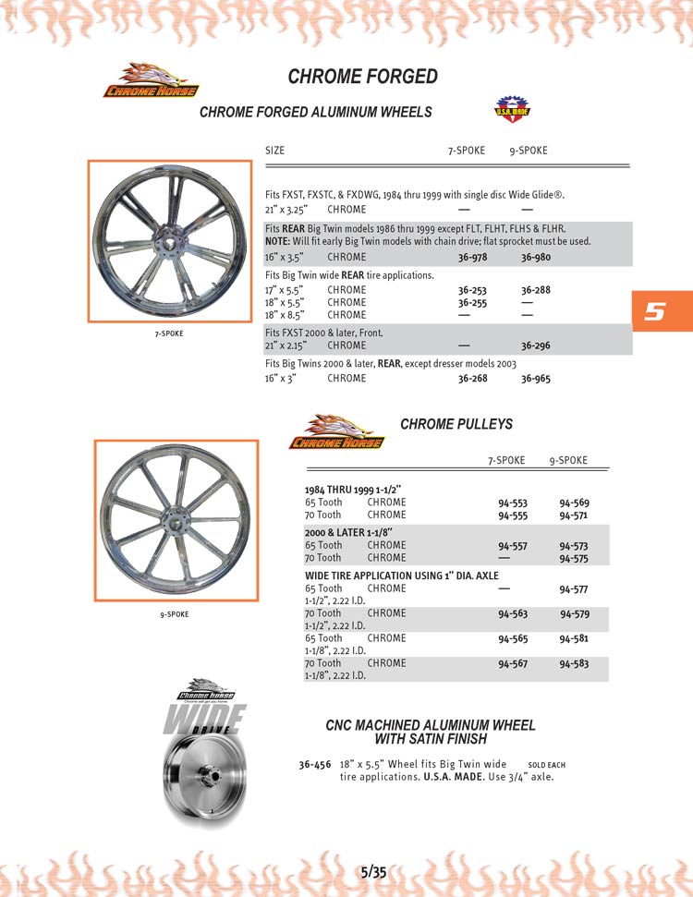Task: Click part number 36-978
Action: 472,258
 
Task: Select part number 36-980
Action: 535,258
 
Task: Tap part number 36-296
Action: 535,345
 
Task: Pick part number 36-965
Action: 535,378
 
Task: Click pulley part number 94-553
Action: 513,503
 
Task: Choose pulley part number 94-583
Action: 574,663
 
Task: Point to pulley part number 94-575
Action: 574,558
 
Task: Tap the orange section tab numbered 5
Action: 655,311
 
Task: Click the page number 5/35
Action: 373,871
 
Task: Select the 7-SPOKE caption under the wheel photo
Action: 168,333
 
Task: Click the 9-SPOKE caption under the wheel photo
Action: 175,614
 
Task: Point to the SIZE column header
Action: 274,151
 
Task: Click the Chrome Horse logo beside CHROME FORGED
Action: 150,80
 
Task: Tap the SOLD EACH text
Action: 546,765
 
